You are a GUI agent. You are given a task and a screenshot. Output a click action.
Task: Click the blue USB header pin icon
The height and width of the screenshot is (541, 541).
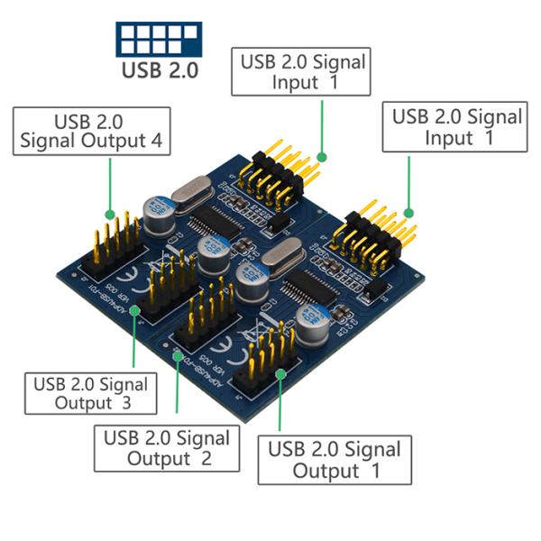159,38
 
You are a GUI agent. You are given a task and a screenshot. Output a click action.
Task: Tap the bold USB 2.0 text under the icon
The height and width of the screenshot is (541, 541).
159,69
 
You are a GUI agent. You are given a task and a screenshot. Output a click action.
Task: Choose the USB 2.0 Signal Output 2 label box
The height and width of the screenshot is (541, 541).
167,447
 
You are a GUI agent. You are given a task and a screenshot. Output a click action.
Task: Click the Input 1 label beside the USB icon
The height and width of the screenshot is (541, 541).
302,72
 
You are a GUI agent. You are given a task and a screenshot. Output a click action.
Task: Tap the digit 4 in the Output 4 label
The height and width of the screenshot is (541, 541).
159,142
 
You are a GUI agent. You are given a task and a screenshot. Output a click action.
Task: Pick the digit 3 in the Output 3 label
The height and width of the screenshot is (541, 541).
125,403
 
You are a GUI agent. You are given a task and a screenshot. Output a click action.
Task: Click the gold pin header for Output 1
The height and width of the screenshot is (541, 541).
269,361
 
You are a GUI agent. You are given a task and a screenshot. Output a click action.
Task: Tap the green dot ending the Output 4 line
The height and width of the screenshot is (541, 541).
110,216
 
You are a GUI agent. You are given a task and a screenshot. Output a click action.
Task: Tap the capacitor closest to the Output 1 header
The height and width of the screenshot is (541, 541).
307,330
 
